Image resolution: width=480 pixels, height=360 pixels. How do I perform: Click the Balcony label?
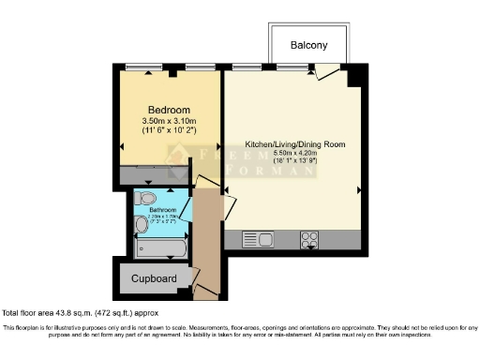click(308, 45)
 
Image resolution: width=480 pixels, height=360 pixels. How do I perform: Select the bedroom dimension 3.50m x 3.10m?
click(169, 121)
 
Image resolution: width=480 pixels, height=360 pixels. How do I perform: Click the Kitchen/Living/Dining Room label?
click(290, 144)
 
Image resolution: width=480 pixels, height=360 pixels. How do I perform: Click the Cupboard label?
click(153, 279)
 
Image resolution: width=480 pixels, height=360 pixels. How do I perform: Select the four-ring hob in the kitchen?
click(308, 239)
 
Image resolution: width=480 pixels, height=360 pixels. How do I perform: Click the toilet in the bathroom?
click(145, 198)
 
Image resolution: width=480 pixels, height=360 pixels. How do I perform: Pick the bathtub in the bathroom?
click(161, 247)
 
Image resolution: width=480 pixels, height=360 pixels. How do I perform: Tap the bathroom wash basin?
click(142, 224)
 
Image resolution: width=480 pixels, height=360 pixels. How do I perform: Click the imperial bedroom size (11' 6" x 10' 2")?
click(169, 131)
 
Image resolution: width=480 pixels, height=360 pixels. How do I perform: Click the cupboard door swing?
click(196, 277)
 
